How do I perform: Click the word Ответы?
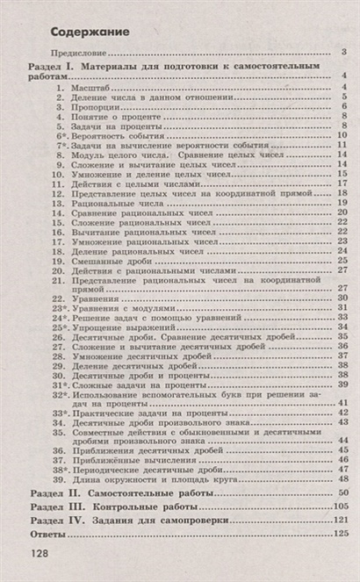point(50,535)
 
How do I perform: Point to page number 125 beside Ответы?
point(342,535)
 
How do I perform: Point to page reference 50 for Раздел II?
point(345,495)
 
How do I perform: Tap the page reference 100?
point(342,508)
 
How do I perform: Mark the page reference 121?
point(342,521)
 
